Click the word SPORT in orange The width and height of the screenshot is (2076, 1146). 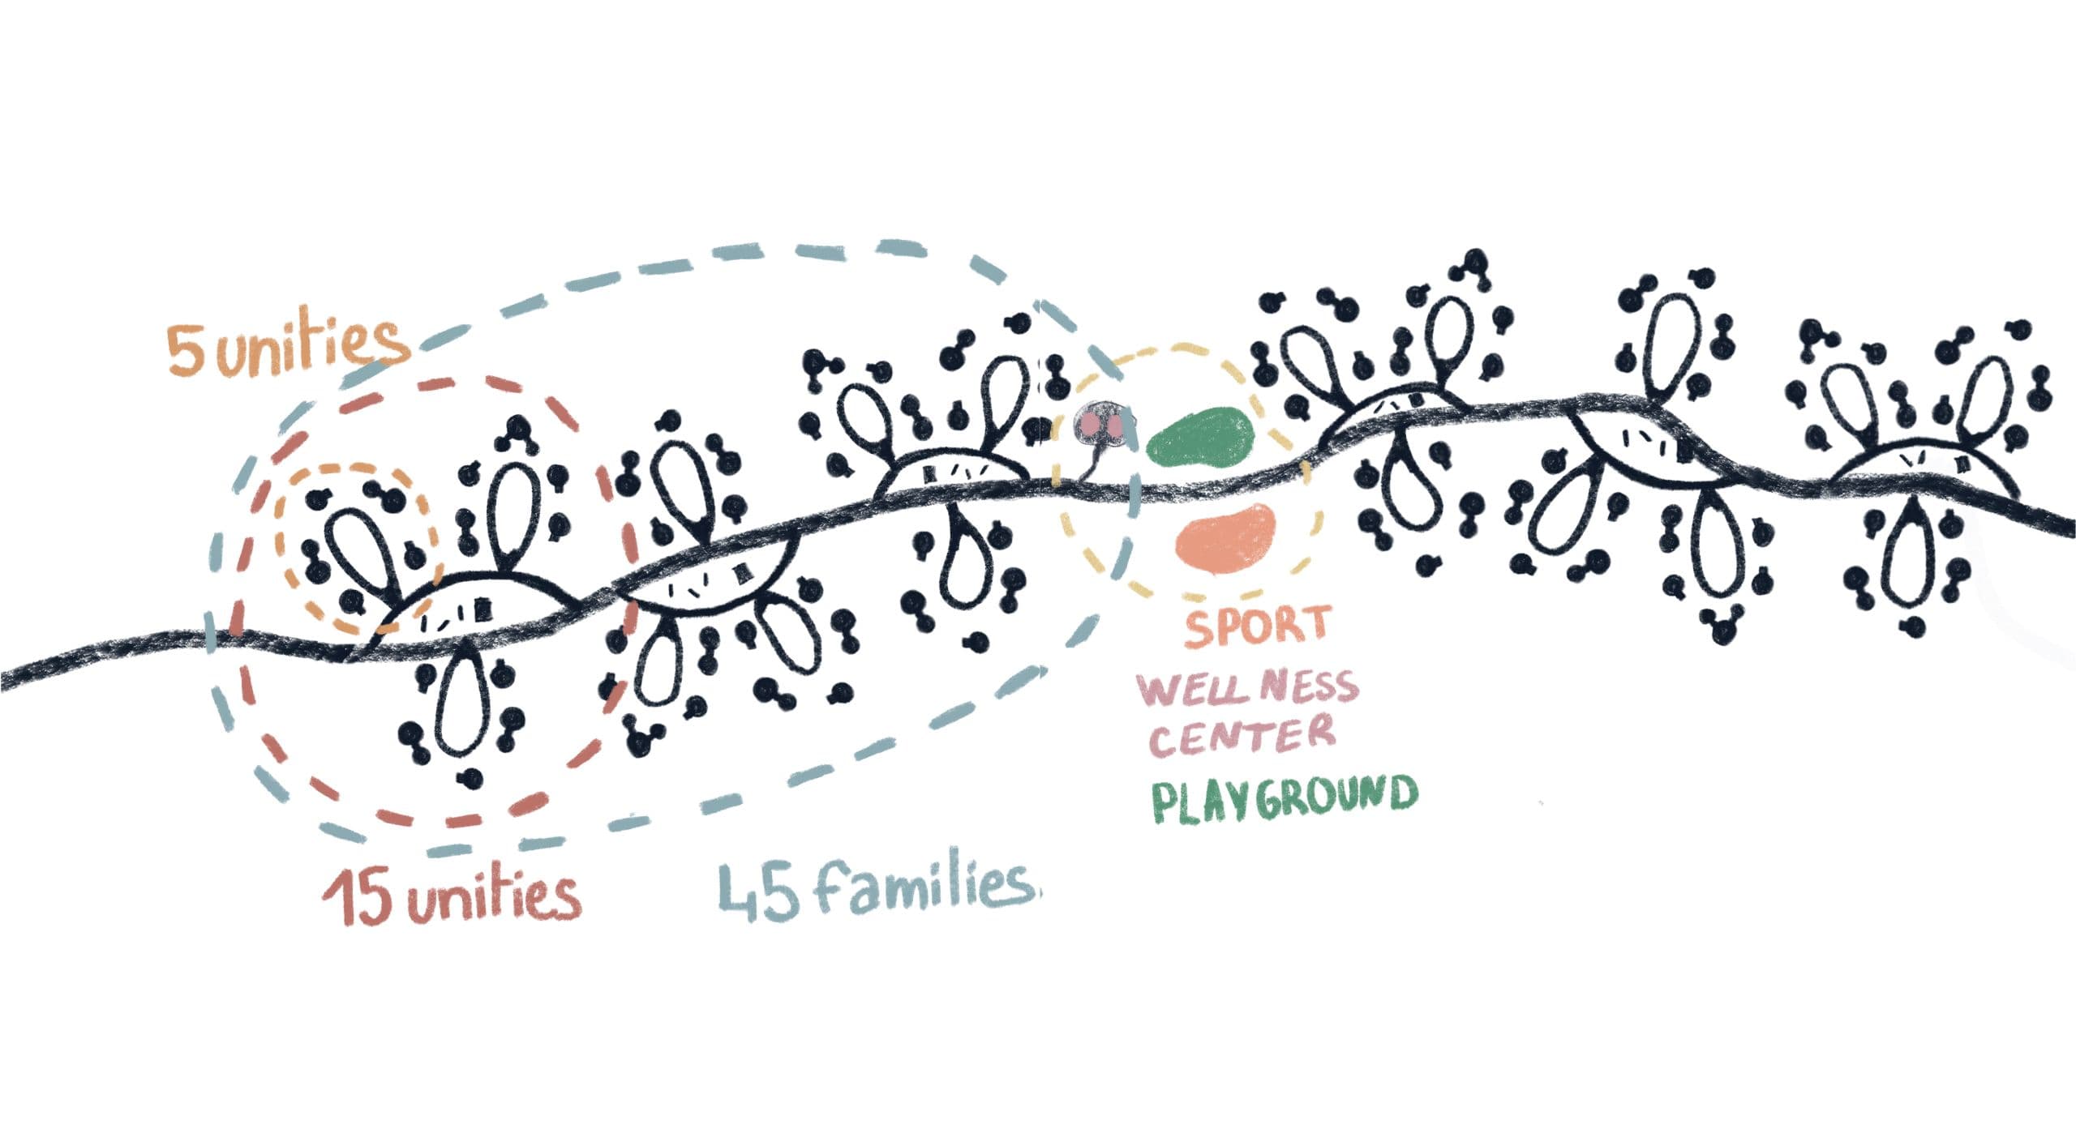point(1257,626)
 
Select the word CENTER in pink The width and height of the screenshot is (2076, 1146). point(1242,735)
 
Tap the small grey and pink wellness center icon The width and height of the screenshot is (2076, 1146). point(1100,425)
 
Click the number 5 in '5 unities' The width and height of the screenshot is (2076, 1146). point(182,352)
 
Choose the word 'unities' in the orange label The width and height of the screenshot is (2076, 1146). point(313,347)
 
